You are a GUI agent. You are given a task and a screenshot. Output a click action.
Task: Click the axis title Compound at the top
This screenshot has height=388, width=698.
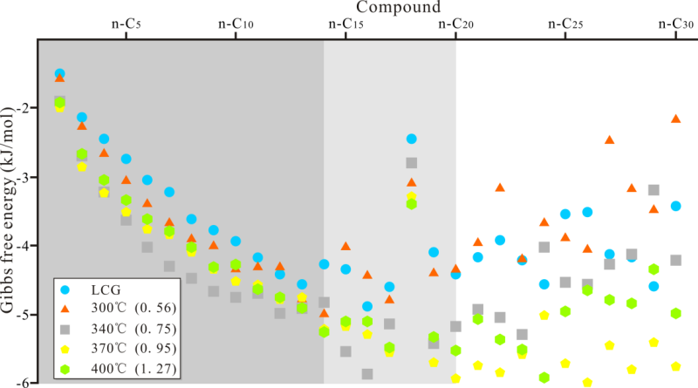coord(366,8)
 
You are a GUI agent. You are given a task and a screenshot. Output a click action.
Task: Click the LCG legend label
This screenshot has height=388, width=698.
coord(103,289)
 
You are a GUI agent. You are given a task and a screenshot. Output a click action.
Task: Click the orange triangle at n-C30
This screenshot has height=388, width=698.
coord(675,119)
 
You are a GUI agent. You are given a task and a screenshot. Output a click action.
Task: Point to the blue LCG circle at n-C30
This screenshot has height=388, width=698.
coord(675,207)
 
